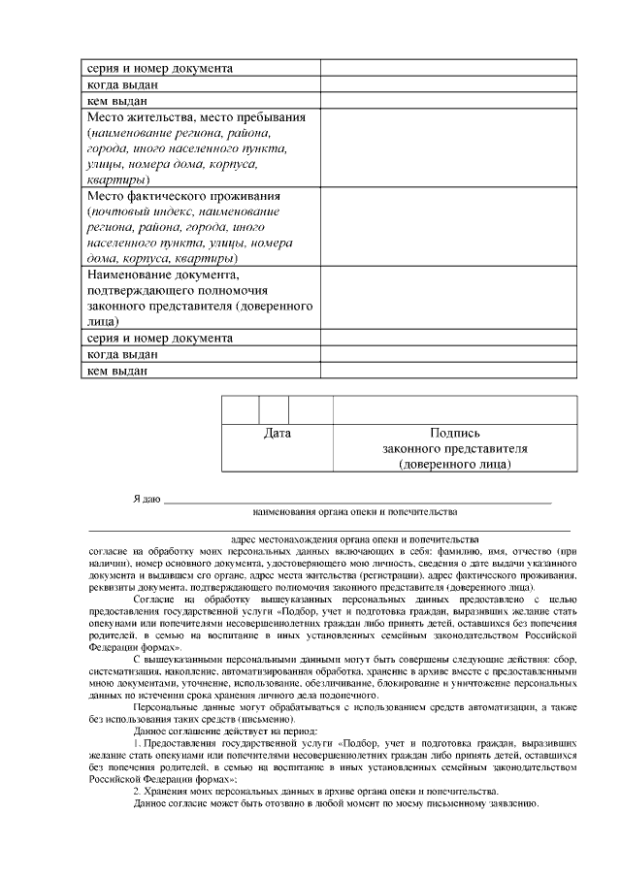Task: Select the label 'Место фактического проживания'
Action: (x=183, y=195)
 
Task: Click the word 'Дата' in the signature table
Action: (x=278, y=434)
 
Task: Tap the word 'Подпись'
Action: (x=454, y=434)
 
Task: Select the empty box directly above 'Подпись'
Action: (x=454, y=409)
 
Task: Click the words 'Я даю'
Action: (x=147, y=499)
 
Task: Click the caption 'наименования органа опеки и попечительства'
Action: (x=354, y=510)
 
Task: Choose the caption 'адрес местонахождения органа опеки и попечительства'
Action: (x=354, y=537)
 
